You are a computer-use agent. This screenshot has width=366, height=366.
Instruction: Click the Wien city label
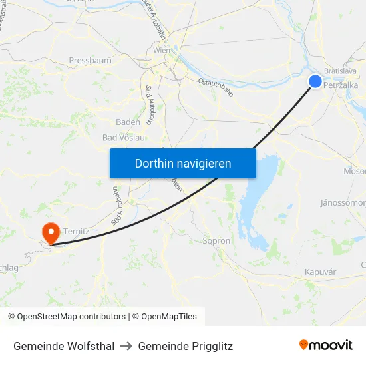point(162,51)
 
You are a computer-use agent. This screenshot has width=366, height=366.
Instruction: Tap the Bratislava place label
point(340,70)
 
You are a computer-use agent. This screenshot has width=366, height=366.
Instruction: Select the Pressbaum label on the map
point(90,61)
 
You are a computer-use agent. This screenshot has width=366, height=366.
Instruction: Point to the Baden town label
point(128,122)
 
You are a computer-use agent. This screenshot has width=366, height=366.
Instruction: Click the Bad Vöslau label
point(124,137)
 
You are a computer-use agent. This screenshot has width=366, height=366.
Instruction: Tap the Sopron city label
point(216,241)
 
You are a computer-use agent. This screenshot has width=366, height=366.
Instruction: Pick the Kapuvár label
point(320,272)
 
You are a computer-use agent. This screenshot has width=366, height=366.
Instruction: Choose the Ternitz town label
point(77,230)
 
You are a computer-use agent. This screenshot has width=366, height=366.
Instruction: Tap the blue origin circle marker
point(315,81)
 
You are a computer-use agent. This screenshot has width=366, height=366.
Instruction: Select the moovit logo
point(326,345)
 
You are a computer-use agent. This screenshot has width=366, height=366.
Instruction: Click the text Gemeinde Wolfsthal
point(64,346)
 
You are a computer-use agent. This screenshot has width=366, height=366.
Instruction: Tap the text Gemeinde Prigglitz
point(186,346)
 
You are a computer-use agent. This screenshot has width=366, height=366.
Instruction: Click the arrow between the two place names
point(126,346)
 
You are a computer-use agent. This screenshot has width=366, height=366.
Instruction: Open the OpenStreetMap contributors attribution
point(67,317)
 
